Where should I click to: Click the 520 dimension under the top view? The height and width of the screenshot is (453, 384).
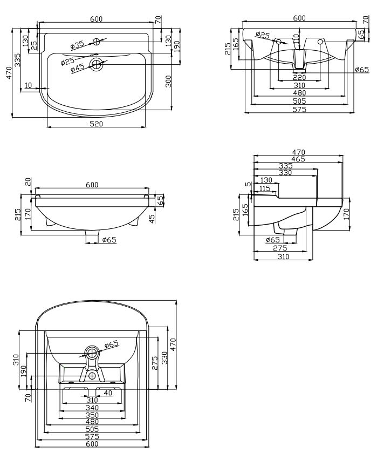pos(97,124)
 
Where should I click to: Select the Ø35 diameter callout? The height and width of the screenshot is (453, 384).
pos(77,45)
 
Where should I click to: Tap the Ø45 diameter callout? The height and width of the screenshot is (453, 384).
pos(77,68)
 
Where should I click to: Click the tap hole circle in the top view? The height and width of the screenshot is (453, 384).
pos(97,42)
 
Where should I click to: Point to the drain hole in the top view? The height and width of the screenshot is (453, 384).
pos(96,64)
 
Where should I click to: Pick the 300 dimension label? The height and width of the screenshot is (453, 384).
pos(168,81)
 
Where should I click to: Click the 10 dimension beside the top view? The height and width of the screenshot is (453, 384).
pos(28,85)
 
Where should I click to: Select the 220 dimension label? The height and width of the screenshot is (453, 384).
pos(299,77)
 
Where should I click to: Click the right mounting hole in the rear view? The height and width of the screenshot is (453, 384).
pos(320,42)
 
